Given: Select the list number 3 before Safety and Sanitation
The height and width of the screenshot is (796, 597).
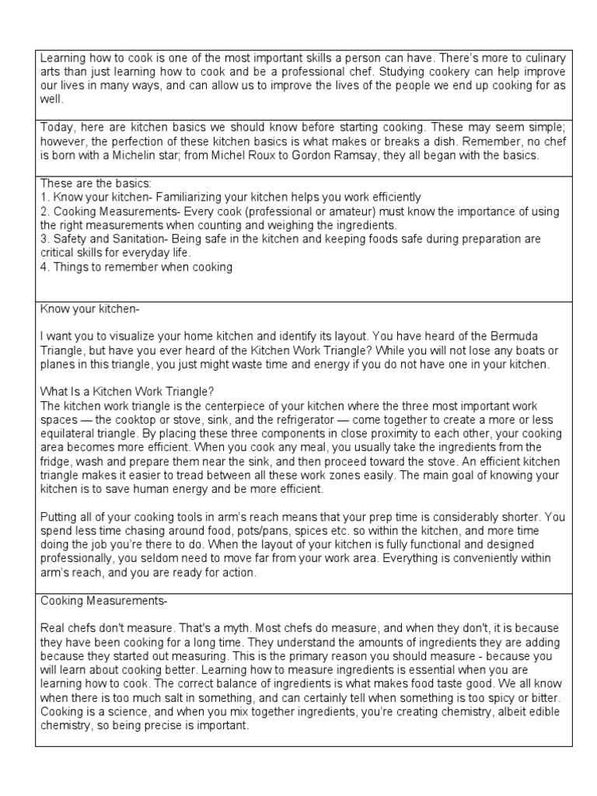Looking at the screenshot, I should pyautogui.click(x=44, y=239).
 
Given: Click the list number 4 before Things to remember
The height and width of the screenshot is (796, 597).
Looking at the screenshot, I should pyautogui.click(x=44, y=267).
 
